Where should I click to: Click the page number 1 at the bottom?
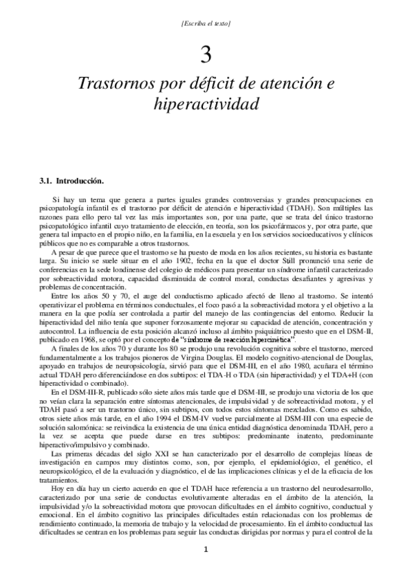205,550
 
